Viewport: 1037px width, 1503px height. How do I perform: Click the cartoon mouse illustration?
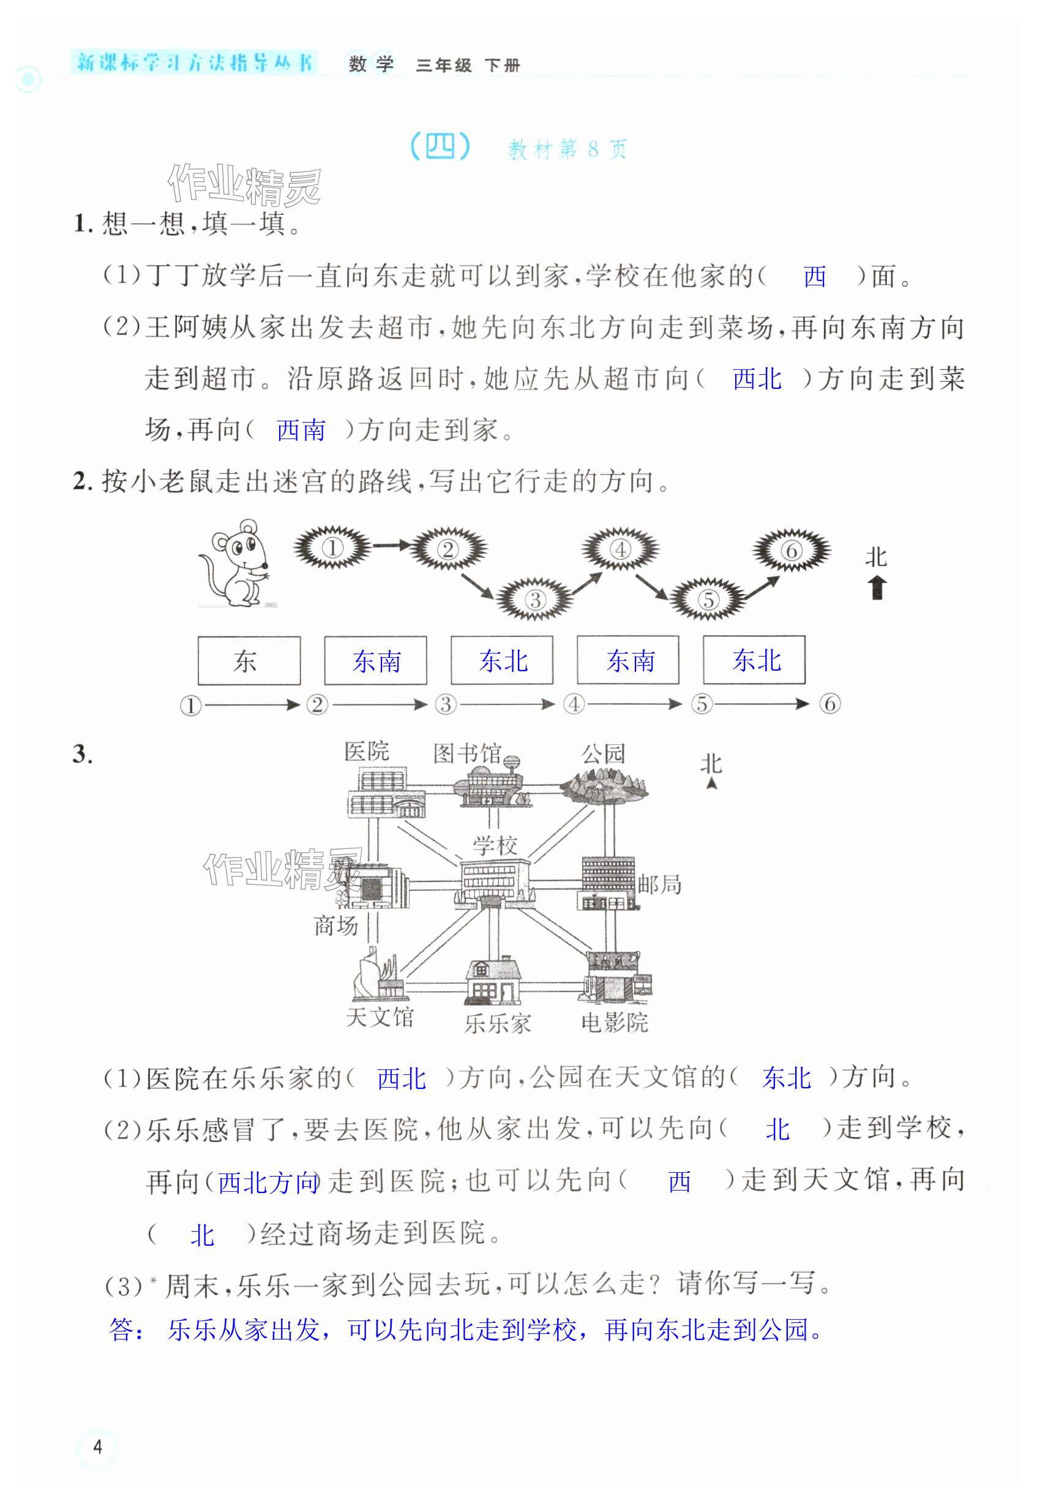pyautogui.click(x=236, y=563)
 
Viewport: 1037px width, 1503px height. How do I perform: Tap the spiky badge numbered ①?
pyautogui.click(x=332, y=548)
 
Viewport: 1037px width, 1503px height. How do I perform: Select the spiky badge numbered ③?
pyautogui.click(x=535, y=599)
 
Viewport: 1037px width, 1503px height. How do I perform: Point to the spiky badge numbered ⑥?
pyautogui.click(x=791, y=550)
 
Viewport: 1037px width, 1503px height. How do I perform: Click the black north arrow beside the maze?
pyautogui.click(x=877, y=587)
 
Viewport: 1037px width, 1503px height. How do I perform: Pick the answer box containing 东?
pyautogui.click(x=249, y=660)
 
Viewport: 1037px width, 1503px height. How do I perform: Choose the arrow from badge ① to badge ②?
pyautogui.click(x=391, y=544)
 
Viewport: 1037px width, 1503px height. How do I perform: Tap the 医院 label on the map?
pyautogui.click(x=367, y=751)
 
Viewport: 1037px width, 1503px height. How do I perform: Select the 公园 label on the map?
pyautogui.click(x=603, y=754)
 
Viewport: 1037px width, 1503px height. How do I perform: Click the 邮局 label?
pyautogui.click(x=659, y=884)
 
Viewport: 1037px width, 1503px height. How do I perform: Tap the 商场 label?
pyautogui.click(x=336, y=925)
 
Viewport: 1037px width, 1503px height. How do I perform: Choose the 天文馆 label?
pyautogui.click(x=380, y=1017)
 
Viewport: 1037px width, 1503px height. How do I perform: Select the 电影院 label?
pyautogui.click(x=614, y=1023)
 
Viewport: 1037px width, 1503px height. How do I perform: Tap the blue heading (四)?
pyautogui.click(x=440, y=148)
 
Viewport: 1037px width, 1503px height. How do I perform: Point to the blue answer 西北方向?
pyautogui.click(x=268, y=1183)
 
